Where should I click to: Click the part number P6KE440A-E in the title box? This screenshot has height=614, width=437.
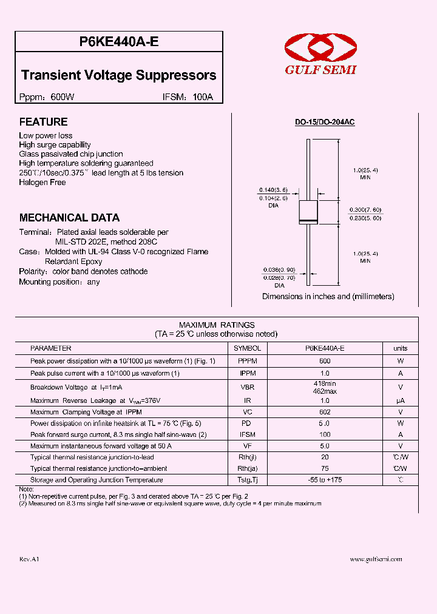(x=119, y=41)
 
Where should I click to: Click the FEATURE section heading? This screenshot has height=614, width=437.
(x=43, y=122)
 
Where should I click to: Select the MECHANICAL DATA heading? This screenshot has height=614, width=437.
(x=69, y=218)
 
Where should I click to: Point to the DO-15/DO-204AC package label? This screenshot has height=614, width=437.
(x=325, y=123)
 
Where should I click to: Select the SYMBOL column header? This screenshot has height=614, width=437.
(x=247, y=348)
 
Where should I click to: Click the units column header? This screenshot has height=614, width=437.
(x=400, y=348)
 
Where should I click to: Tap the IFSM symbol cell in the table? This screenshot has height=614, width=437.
(x=247, y=434)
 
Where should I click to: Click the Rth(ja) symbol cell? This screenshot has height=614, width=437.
(x=247, y=468)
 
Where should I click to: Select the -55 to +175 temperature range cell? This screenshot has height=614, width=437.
(x=325, y=480)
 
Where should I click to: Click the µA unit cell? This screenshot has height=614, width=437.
(x=400, y=401)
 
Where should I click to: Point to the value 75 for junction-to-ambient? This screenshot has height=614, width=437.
(x=325, y=468)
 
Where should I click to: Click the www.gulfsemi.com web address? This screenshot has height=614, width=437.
(x=376, y=559)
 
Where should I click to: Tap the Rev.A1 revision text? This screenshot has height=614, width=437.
(x=29, y=559)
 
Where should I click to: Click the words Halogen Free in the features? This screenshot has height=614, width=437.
(x=42, y=183)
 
